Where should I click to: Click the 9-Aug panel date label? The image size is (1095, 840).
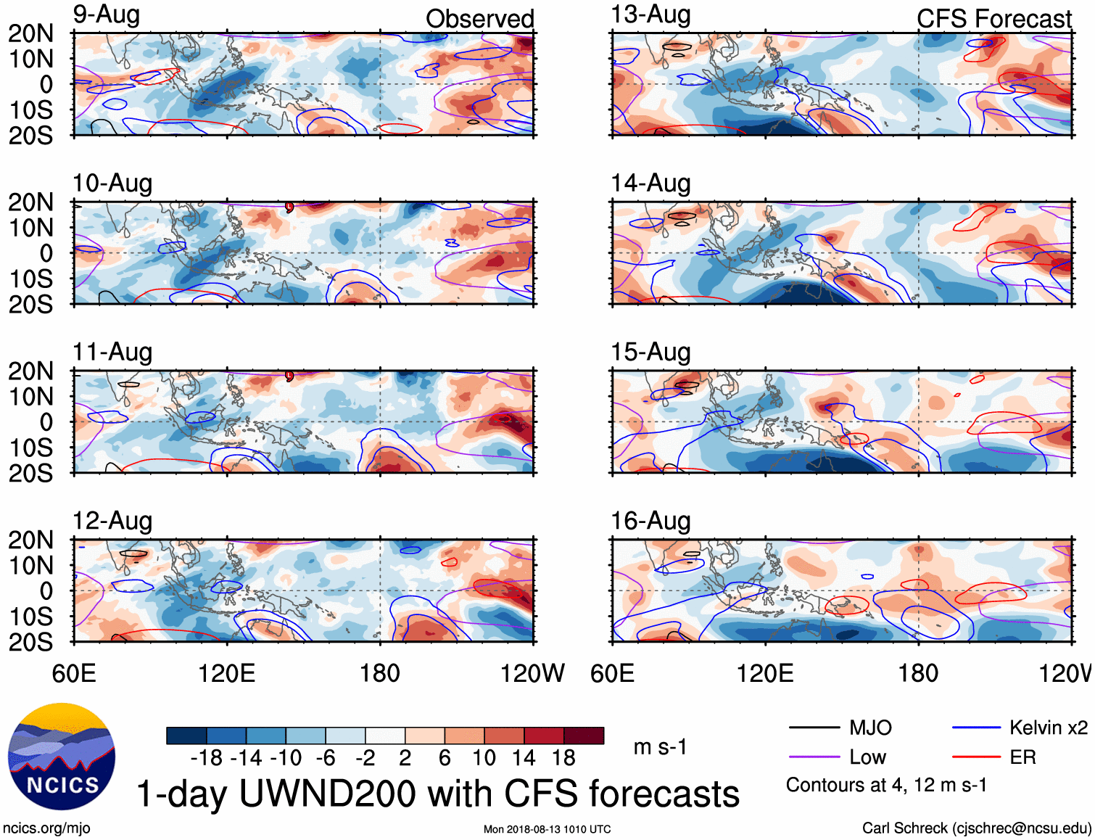point(107,15)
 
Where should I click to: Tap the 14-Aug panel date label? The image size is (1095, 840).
point(650,184)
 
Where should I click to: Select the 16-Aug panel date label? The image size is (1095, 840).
point(650,521)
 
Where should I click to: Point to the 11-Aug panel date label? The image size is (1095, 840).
point(112,353)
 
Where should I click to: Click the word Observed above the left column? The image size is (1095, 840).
point(479,19)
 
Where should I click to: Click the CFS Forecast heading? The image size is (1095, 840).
point(993,19)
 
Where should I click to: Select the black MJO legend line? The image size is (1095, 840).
point(814,728)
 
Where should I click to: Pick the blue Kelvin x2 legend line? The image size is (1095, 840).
point(976,728)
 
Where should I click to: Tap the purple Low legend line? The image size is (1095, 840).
point(814,757)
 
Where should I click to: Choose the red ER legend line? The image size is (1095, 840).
point(976,757)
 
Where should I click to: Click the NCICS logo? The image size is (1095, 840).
point(62,757)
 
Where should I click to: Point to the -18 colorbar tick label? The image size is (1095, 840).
point(206,759)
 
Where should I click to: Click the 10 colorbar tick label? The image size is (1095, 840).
point(484,759)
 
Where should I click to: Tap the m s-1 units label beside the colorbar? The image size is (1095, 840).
point(660,747)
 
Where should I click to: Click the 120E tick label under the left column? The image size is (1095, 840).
point(227,674)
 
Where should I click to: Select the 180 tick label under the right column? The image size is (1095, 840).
point(918,674)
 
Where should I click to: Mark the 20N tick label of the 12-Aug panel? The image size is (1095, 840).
point(30,540)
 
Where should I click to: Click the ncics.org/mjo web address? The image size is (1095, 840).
point(46,828)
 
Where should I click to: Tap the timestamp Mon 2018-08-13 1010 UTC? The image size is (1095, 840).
point(547,829)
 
